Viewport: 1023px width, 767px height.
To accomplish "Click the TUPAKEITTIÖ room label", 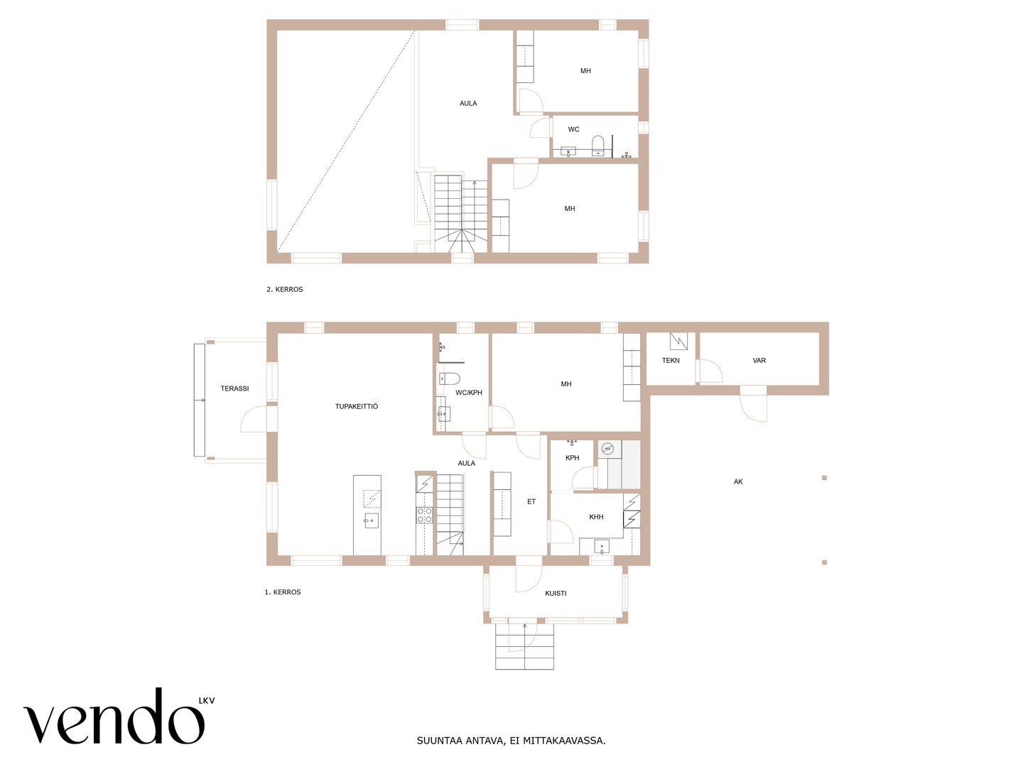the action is (356, 406).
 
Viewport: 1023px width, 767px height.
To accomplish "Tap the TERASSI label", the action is (234, 388).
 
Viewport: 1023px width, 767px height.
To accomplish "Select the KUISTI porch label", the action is (556, 593).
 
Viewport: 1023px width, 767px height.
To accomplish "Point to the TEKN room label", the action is (671, 361).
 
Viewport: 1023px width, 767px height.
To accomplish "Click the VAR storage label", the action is (759, 361).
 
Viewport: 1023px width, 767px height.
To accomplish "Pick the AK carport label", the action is (738, 482).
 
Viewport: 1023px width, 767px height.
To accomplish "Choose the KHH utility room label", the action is (596, 517).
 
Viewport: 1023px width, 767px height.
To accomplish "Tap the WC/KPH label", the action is (468, 393).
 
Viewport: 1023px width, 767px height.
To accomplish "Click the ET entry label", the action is (531, 501).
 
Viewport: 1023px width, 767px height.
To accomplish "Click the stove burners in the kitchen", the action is (424, 515).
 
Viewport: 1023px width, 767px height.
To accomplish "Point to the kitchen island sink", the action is (371, 520).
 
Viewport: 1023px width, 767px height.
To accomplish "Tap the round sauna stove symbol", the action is (607, 448).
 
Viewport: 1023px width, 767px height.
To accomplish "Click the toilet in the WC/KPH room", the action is (449, 378).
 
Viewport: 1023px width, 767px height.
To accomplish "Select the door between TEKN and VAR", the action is (708, 371).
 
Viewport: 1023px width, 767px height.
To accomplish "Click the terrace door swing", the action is (254, 419).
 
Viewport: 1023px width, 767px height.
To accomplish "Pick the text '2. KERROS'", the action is (284, 289).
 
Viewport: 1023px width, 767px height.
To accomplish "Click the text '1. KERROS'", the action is (283, 592).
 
